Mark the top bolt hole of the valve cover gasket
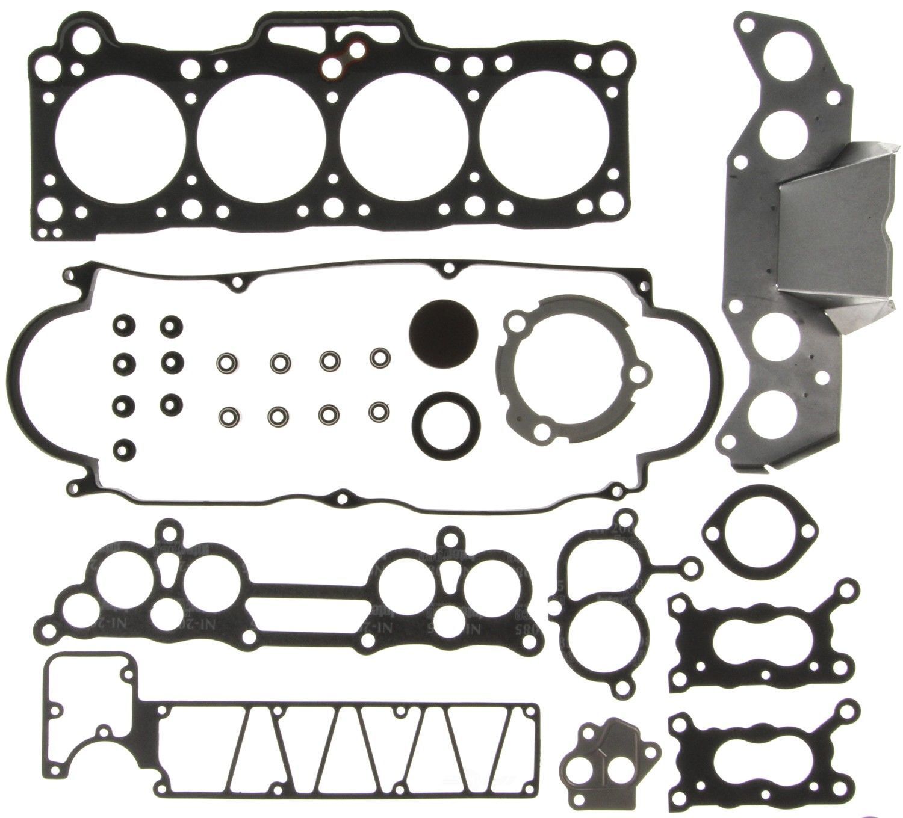[x=447, y=268]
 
